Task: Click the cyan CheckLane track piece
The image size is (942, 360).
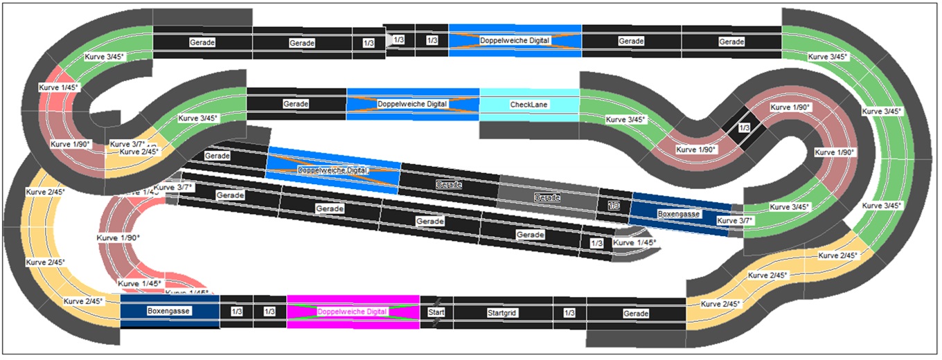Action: (x=529, y=105)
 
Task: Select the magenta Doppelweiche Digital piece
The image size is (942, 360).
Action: (x=353, y=312)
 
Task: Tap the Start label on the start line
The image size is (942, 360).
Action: (x=436, y=312)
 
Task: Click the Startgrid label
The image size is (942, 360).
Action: (x=504, y=313)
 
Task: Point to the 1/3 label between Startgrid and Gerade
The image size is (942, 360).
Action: (x=569, y=313)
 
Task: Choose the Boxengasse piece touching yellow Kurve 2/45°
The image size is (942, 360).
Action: (x=169, y=312)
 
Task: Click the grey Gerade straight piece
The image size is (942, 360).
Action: (x=547, y=197)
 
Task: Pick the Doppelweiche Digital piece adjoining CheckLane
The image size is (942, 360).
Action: (x=413, y=104)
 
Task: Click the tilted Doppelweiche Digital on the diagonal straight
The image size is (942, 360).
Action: (x=332, y=170)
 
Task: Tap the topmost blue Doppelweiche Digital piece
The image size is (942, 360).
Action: (x=515, y=40)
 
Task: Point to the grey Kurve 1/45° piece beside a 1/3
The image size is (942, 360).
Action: (x=634, y=243)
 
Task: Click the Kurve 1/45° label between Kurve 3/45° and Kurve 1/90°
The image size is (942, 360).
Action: (x=59, y=87)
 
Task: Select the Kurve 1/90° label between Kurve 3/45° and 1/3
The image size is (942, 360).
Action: (x=696, y=150)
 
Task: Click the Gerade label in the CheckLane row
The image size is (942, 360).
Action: (x=296, y=104)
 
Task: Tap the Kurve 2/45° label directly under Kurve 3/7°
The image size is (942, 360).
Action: (x=139, y=152)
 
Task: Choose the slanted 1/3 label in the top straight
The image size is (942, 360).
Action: (x=398, y=40)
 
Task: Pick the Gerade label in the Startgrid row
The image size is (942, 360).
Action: (x=636, y=314)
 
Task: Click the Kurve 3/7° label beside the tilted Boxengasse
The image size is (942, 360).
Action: (x=735, y=220)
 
